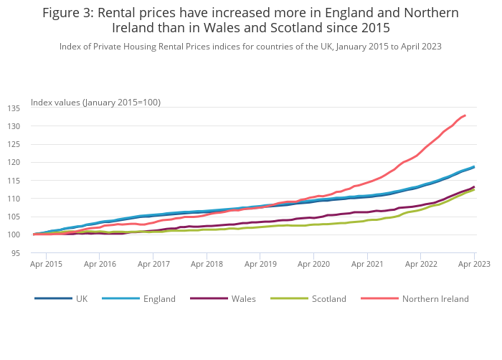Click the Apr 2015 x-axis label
coord(46,264)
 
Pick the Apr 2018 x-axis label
coord(207,264)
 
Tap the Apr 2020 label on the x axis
coord(313,264)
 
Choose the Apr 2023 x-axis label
coord(473,264)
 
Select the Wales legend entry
coord(241,298)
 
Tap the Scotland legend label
coord(329,298)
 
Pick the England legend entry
coord(159,298)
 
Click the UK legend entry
coord(81,298)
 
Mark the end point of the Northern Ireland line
coord(465,115)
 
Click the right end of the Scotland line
coord(474,189)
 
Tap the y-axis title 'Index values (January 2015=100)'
coord(95,103)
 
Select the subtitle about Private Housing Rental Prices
coord(250,46)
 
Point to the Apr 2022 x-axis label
coord(420,264)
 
